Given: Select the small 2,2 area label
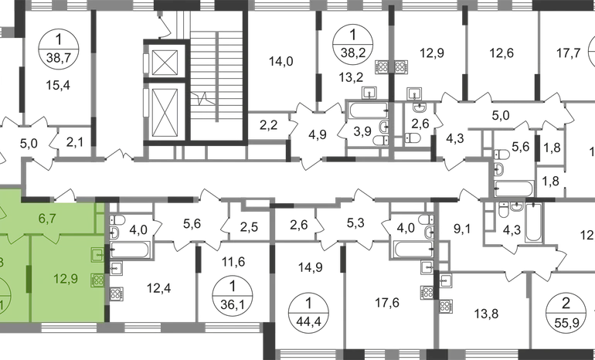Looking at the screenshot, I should click(269, 124).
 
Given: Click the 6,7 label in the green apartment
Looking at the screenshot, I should click(48, 219).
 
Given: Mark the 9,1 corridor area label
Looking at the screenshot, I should click(462, 228).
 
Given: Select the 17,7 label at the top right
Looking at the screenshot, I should click(569, 54).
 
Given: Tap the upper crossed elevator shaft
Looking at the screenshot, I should click(165, 59).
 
